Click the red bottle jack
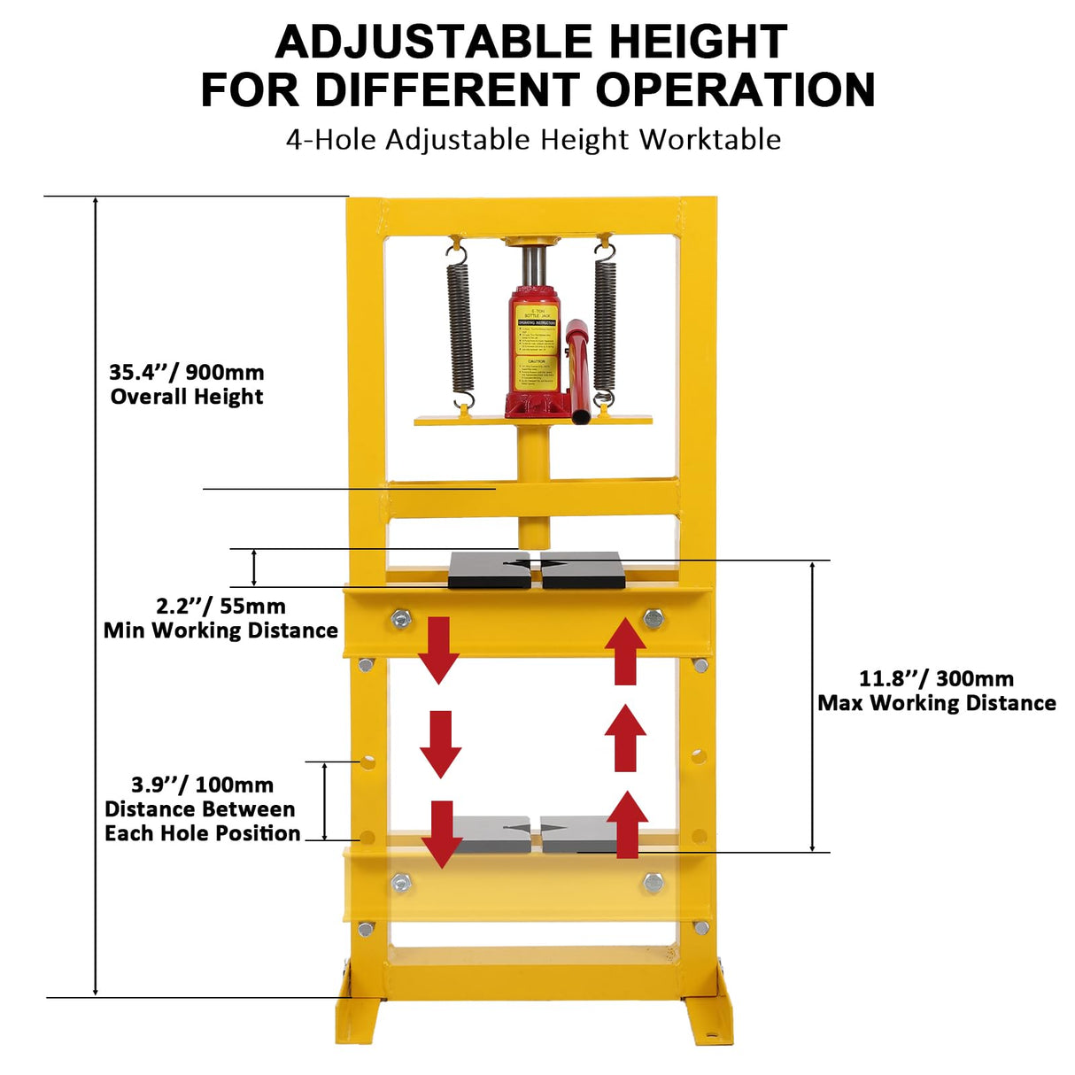point(535,354)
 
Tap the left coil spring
point(459,328)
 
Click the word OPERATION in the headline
point(735,90)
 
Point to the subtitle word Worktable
point(710,140)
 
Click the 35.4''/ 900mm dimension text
point(187,372)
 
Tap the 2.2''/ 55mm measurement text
point(220,607)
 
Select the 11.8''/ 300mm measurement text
point(936,679)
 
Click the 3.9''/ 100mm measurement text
point(202,785)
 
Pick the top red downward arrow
point(438,649)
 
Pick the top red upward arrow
point(626,652)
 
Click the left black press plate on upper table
point(489,569)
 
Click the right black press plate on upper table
point(583,569)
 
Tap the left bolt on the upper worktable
point(400,619)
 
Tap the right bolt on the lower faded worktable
point(654,881)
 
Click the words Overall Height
point(187,397)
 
